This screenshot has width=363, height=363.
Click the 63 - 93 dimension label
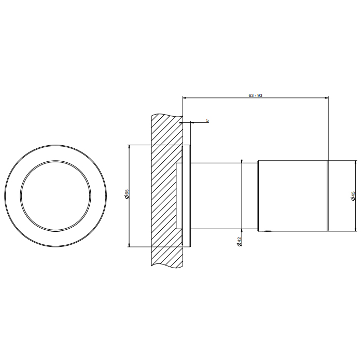pos(255,95)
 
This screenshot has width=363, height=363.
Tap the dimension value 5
pos(207,120)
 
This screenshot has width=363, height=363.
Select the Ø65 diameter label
pos(127,194)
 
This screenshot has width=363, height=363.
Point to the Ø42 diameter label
pos(240,242)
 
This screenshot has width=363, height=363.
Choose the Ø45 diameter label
pos(353,196)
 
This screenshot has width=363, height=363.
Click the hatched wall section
pos(166,190)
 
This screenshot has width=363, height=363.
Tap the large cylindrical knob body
pos(292,196)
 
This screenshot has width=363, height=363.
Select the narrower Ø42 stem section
pos(224,196)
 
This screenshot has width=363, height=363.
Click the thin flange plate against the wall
pos(187,196)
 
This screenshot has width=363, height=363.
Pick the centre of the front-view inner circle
pos(55,196)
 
